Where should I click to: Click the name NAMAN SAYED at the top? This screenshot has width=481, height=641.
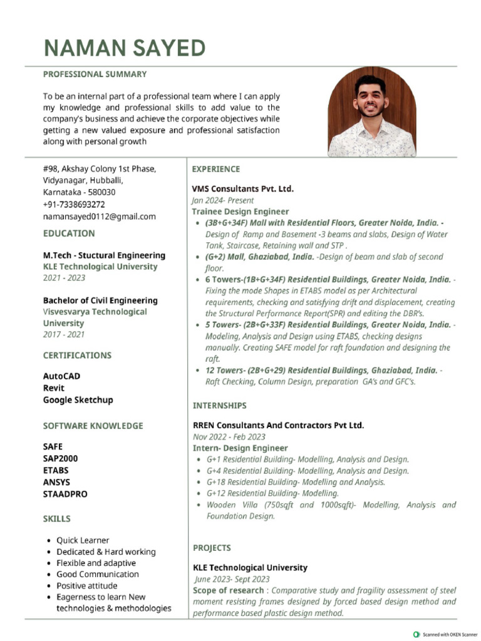pyautogui.click(x=124, y=48)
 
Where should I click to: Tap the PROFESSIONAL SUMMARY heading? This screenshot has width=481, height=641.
pyautogui.click(x=95, y=74)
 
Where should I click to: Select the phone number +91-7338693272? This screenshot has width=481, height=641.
pyautogui.click(x=74, y=205)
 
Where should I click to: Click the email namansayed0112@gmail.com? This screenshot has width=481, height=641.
pyautogui.click(x=99, y=217)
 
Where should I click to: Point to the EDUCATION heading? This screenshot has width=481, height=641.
pyautogui.click(x=69, y=233)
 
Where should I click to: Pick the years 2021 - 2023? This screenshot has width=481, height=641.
pyautogui.click(x=64, y=278)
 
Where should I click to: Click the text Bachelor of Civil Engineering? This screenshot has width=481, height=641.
pyautogui.click(x=100, y=300)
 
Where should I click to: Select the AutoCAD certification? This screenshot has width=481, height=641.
pyautogui.click(x=61, y=376)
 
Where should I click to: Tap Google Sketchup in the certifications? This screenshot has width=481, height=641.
pyautogui.click(x=78, y=400)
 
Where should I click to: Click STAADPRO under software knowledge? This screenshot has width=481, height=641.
pyautogui.click(x=65, y=494)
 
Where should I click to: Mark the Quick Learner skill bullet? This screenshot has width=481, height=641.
pyautogui.click(x=83, y=540)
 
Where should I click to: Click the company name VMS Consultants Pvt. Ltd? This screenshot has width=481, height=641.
pyautogui.click(x=242, y=188)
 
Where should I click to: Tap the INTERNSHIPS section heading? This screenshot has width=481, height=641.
pyautogui.click(x=219, y=406)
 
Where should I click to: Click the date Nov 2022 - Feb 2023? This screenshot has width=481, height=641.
pyautogui.click(x=229, y=437)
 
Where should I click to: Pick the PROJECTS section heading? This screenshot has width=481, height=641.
pyautogui.click(x=212, y=548)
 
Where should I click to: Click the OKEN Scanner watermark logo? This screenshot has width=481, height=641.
pyautogui.click(x=416, y=634)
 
